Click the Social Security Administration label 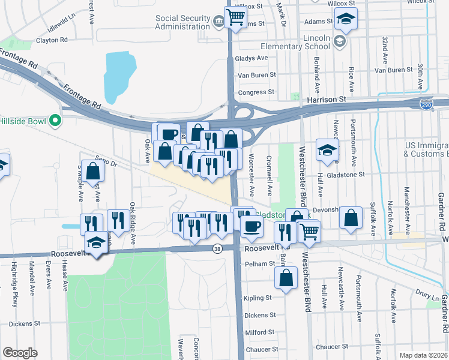pos(182,22)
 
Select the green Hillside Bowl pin pos(55,121)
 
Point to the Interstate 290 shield pos(426,103)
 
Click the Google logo pos(20,352)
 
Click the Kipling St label pos(259,298)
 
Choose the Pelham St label pos(259,264)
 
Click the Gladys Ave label pos(253,58)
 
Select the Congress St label pos(256,92)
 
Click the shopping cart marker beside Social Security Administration pos(236,17)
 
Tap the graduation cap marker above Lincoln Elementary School pos(346,19)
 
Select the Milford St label pos(260,332)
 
